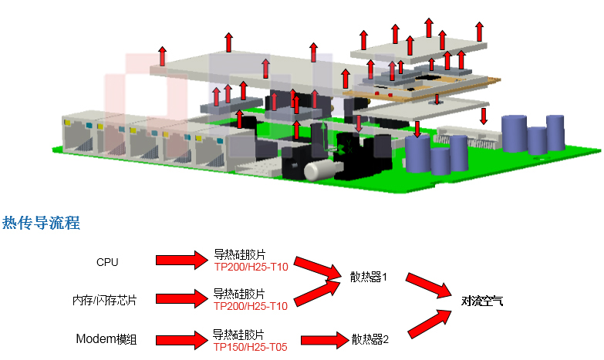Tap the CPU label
[x=107, y=262]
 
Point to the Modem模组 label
[x=106, y=338]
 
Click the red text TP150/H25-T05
[x=250, y=347]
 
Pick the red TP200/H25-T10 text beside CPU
[x=251, y=267]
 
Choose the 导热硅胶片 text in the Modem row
[x=238, y=335]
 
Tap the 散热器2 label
[x=370, y=338]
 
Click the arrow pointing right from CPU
[x=177, y=261]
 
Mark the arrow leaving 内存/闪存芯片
[x=177, y=299]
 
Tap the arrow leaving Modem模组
[x=177, y=338]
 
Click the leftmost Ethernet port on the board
[x=78, y=138]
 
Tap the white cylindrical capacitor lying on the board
[x=318, y=170]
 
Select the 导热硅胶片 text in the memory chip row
[x=239, y=294]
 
